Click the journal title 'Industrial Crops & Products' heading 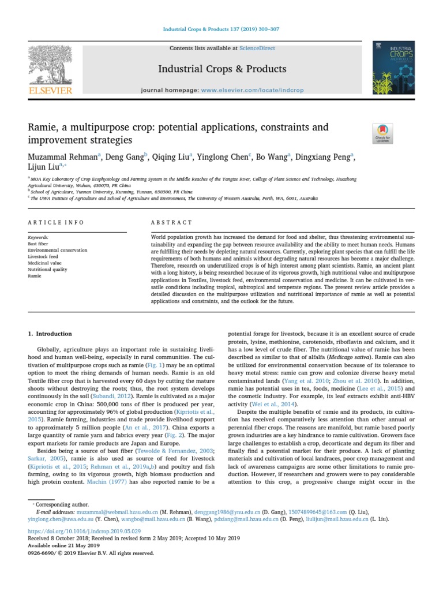(222, 69)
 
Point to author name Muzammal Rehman (63, 156)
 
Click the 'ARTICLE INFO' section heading (56, 222)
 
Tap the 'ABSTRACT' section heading (171, 222)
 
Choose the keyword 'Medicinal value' (44, 263)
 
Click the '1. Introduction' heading (50, 334)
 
